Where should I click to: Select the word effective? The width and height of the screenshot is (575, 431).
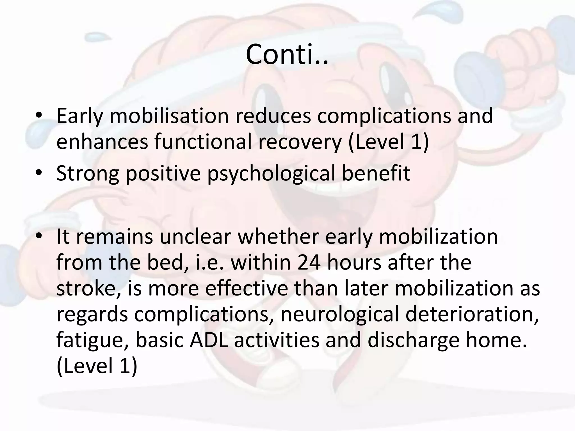pos(247,288)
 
